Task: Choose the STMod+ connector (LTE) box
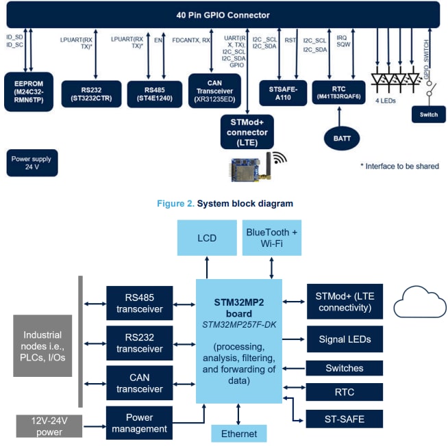point(247,131)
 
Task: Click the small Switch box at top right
point(428,115)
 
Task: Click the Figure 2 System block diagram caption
point(225,204)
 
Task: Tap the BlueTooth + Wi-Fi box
point(271,238)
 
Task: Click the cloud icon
point(419,300)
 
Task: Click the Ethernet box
point(238,433)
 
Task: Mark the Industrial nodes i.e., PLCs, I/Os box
point(42,345)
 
